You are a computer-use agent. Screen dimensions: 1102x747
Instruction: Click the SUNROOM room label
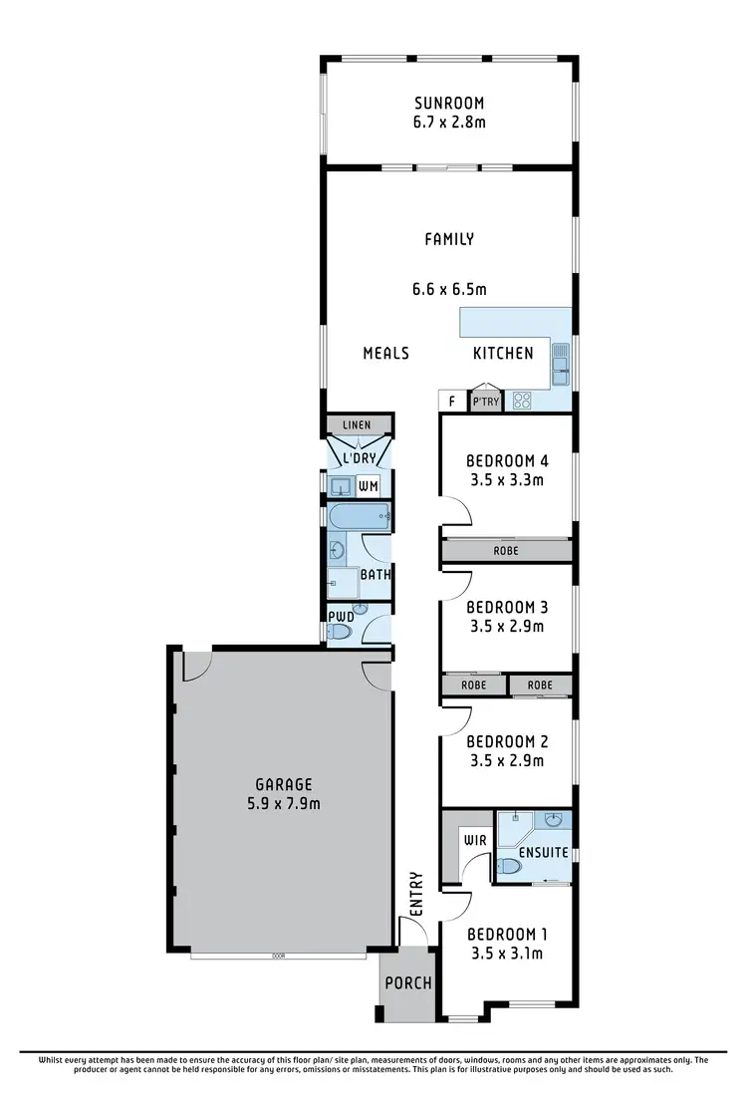(448, 102)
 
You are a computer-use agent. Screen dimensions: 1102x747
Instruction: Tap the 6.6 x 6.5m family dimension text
(448, 290)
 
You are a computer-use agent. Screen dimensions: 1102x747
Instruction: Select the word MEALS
(385, 353)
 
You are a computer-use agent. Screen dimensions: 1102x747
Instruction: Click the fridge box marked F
(452, 402)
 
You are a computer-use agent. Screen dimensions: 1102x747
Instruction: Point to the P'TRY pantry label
(485, 402)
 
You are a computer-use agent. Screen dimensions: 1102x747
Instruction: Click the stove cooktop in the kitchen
(522, 401)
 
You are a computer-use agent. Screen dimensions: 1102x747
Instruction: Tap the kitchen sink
(560, 364)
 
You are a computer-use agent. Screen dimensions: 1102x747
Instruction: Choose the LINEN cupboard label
(356, 425)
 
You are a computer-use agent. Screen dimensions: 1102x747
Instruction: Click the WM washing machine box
(368, 486)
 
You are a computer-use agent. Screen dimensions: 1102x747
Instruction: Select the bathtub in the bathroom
(358, 516)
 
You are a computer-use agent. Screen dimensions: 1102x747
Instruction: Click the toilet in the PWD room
(341, 631)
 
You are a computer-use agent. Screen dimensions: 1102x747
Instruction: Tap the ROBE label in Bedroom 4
(507, 550)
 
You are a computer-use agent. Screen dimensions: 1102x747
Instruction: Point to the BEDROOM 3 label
(507, 606)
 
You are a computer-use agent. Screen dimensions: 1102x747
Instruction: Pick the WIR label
(473, 840)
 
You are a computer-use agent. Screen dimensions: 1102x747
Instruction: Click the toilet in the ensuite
(508, 867)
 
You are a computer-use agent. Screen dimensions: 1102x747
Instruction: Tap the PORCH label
(408, 982)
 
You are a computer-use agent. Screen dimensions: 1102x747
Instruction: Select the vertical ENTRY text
(415, 894)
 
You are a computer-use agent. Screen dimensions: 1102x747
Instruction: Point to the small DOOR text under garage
(278, 956)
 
